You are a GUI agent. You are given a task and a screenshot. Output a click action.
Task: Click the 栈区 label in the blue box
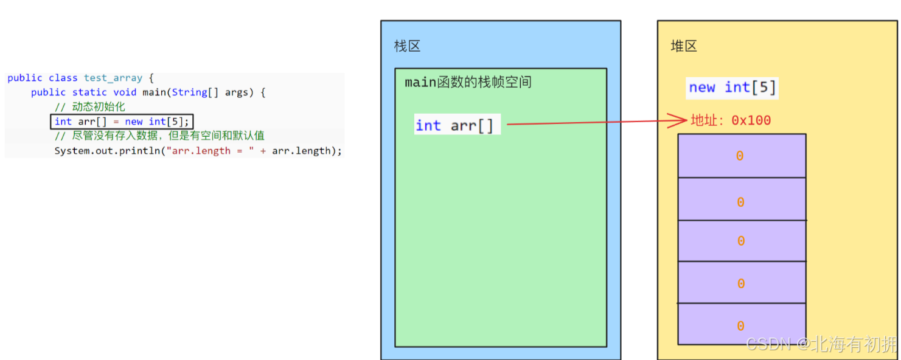(407, 46)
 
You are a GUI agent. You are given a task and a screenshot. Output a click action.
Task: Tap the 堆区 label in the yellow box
(683, 46)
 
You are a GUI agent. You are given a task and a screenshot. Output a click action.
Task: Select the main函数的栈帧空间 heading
(468, 82)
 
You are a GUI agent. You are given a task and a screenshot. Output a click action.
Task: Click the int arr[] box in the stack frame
(456, 125)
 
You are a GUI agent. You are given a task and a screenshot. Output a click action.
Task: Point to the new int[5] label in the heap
(732, 88)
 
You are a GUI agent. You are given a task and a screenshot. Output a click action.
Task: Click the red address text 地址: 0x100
(731, 120)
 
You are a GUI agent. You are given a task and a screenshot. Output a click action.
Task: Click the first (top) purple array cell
(742, 156)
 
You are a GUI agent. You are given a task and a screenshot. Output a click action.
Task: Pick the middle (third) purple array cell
(742, 241)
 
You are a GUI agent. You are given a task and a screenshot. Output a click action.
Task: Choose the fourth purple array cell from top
(742, 282)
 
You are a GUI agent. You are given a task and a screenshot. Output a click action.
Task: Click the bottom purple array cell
(742, 324)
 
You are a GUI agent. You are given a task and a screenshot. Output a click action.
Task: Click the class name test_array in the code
(113, 78)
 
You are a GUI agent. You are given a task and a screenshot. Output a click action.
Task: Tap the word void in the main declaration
(125, 92)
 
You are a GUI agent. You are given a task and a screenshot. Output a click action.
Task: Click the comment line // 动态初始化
(89, 107)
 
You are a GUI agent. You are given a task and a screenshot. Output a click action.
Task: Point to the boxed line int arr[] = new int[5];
(122, 122)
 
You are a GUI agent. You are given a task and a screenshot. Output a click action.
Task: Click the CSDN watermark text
(821, 344)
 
